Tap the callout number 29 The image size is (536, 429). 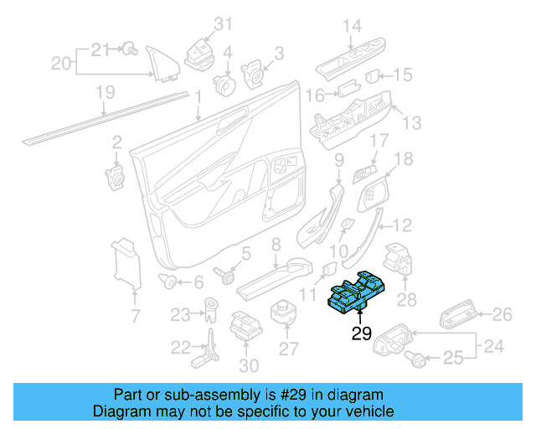(x=361, y=334)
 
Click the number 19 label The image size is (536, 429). (x=104, y=94)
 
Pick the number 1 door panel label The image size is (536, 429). (x=198, y=98)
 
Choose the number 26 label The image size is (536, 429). (x=501, y=314)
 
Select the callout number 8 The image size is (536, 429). (x=276, y=245)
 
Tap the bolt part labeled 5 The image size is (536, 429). (x=225, y=274)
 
